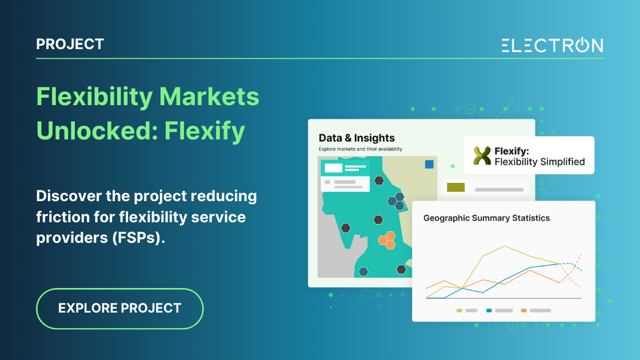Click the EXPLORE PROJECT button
pyautogui.click(x=119, y=308)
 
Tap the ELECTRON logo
pyautogui.click(x=552, y=46)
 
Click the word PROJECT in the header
pyautogui.click(x=70, y=44)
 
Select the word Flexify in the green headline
pyautogui.click(x=205, y=131)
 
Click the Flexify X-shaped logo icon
pyautogui.click(x=482, y=155)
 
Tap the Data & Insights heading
pyautogui.click(x=357, y=138)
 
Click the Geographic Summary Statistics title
pyautogui.click(x=486, y=218)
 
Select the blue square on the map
pyautogui.click(x=429, y=165)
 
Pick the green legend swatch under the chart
pyautogui.click(x=459, y=310)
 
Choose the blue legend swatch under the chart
pyautogui.click(x=489, y=310)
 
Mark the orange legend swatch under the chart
pyautogui.click(x=523, y=310)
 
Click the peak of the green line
pyautogui.click(x=505, y=246)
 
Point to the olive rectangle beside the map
pyautogui.click(x=455, y=187)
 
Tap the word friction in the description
pyautogui.click(x=61, y=218)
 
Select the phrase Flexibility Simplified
pyautogui.click(x=539, y=162)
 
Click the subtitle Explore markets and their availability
pyautogui.click(x=360, y=149)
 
